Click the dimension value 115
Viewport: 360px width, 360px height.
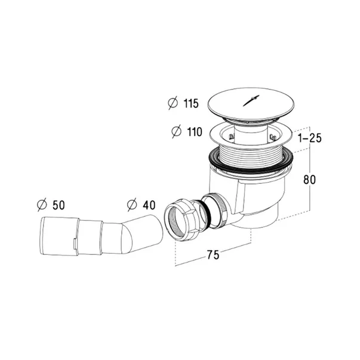pos(191,103)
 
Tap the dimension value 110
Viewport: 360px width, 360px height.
pos(195,132)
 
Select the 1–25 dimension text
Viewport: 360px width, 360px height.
pos(310,139)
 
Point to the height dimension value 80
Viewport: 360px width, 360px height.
pos(309,179)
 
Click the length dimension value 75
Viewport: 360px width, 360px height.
pos(213,255)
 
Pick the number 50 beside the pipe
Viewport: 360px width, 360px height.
pos(59,205)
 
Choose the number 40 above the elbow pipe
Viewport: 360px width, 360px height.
pos(149,205)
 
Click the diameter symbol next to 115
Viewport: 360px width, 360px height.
pos(173,103)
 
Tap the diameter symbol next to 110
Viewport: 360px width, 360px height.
pos(177,131)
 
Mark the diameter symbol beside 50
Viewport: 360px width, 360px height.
pos(42,205)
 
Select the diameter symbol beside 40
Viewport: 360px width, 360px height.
pos(132,204)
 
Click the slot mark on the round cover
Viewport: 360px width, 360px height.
pos(251,100)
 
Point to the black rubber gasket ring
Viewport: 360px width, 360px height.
pos(251,162)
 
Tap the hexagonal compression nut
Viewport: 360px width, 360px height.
pos(181,220)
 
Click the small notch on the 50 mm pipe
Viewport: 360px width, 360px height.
pos(75,244)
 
